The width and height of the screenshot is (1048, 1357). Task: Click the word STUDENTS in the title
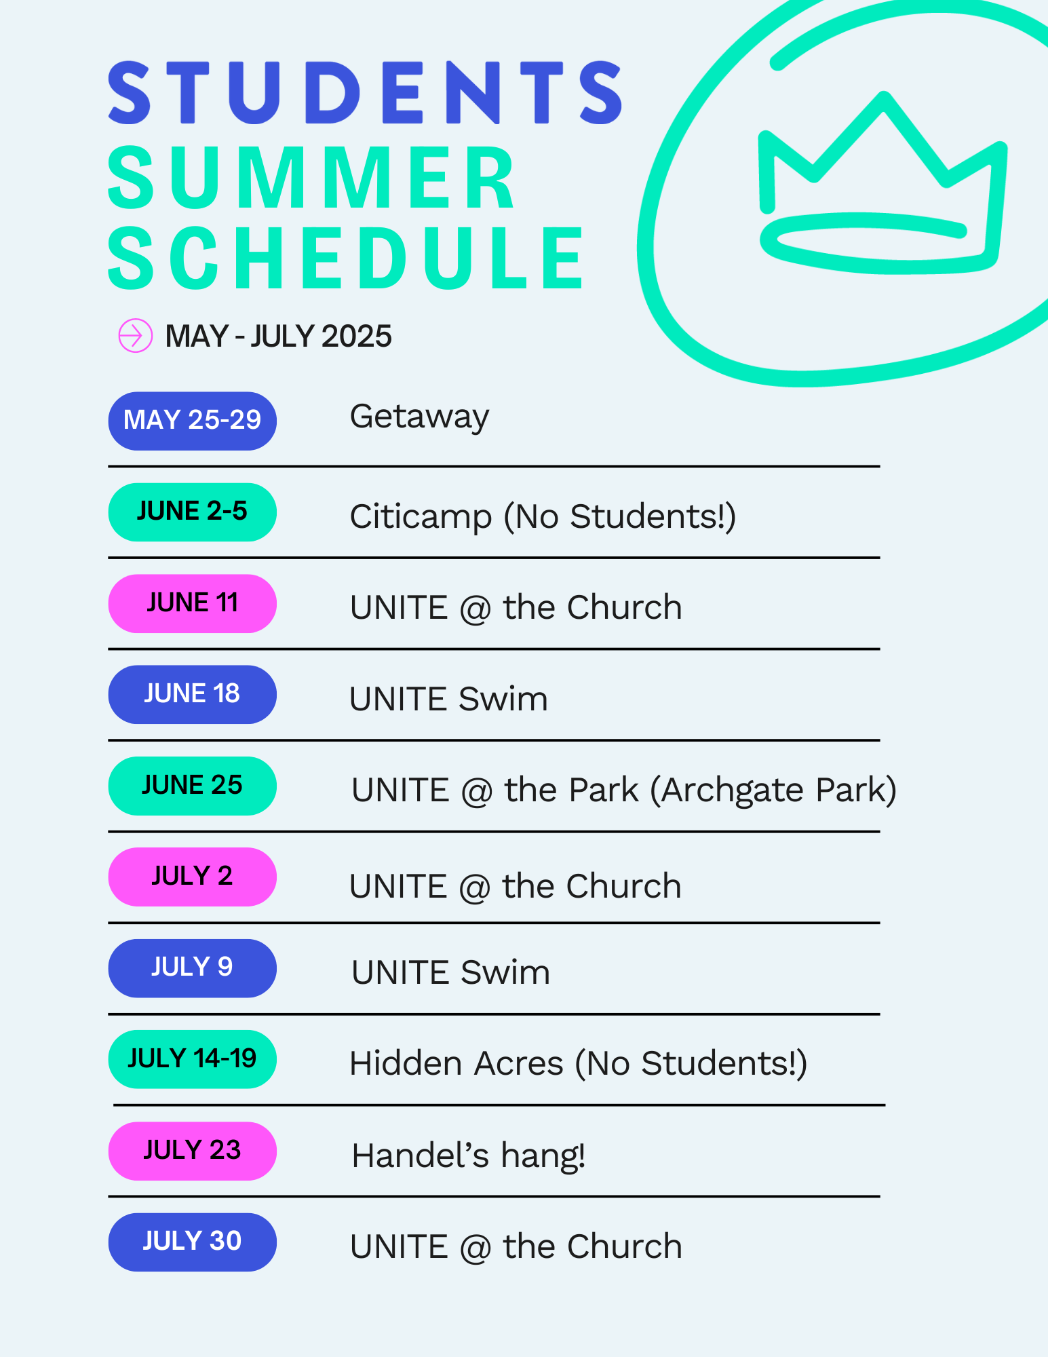pos(366,92)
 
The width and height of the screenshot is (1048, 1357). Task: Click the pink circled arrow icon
pos(136,335)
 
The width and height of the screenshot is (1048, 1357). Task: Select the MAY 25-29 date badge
pos(193,421)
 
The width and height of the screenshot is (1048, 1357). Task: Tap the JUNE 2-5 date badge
pos(193,512)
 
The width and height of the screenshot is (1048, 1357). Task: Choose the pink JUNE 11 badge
pos(193,603)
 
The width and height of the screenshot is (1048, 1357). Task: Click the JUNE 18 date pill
pos(193,694)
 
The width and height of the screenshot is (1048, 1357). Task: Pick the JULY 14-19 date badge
pos(193,1059)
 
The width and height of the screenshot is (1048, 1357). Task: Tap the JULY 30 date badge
pos(193,1242)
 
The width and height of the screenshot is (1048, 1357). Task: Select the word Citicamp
pos(421,518)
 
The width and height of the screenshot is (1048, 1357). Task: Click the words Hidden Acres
pos(457,1063)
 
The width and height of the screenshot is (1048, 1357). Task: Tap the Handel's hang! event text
pos(468,1155)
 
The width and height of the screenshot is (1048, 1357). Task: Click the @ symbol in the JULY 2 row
pos(474,887)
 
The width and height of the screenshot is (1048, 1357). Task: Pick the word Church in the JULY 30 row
pos(625,1246)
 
